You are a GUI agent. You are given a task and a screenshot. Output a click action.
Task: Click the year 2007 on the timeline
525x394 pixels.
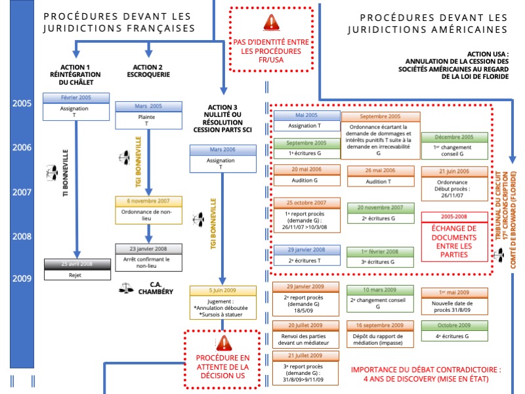(22, 192)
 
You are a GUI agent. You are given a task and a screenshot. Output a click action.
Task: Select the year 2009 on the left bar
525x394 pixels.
(22, 278)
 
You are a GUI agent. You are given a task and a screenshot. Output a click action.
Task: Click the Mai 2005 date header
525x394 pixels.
(306, 115)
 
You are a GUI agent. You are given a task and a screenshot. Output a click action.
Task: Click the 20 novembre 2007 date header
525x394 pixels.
(381, 208)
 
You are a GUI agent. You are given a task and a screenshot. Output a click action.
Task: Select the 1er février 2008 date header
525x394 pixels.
(381, 252)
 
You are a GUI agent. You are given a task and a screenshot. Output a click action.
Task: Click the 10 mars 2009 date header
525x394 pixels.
(381, 290)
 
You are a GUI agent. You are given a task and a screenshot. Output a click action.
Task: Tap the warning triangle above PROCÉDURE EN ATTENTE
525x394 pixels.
(224, 342)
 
